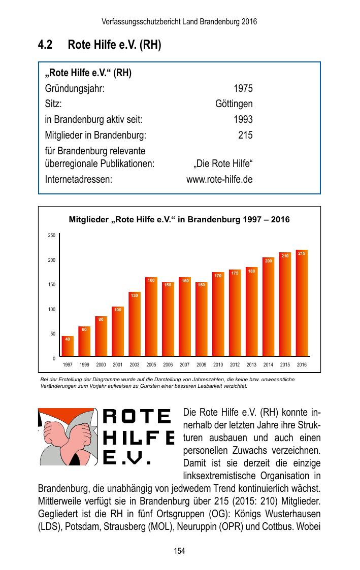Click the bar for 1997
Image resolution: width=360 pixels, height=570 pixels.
68,346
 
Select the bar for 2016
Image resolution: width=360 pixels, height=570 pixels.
302,305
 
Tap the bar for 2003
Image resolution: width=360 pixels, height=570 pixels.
135,325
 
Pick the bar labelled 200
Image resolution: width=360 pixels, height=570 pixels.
268,308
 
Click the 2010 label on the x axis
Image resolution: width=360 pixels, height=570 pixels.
218,364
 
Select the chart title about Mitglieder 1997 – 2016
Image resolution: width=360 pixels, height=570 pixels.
179,220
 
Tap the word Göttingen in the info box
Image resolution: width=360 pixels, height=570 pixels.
234,105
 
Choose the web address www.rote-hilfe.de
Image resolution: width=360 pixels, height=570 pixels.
219,180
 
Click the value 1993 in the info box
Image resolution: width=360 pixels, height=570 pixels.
243,120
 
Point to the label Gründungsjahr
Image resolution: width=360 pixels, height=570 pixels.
75,89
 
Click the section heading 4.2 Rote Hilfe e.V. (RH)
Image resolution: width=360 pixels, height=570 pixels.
100,45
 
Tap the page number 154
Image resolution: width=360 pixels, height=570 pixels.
179,551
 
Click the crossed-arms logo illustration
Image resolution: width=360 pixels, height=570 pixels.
68,437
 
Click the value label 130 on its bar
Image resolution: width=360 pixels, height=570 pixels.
135,295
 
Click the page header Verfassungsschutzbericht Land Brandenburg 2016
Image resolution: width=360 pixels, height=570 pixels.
179,22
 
